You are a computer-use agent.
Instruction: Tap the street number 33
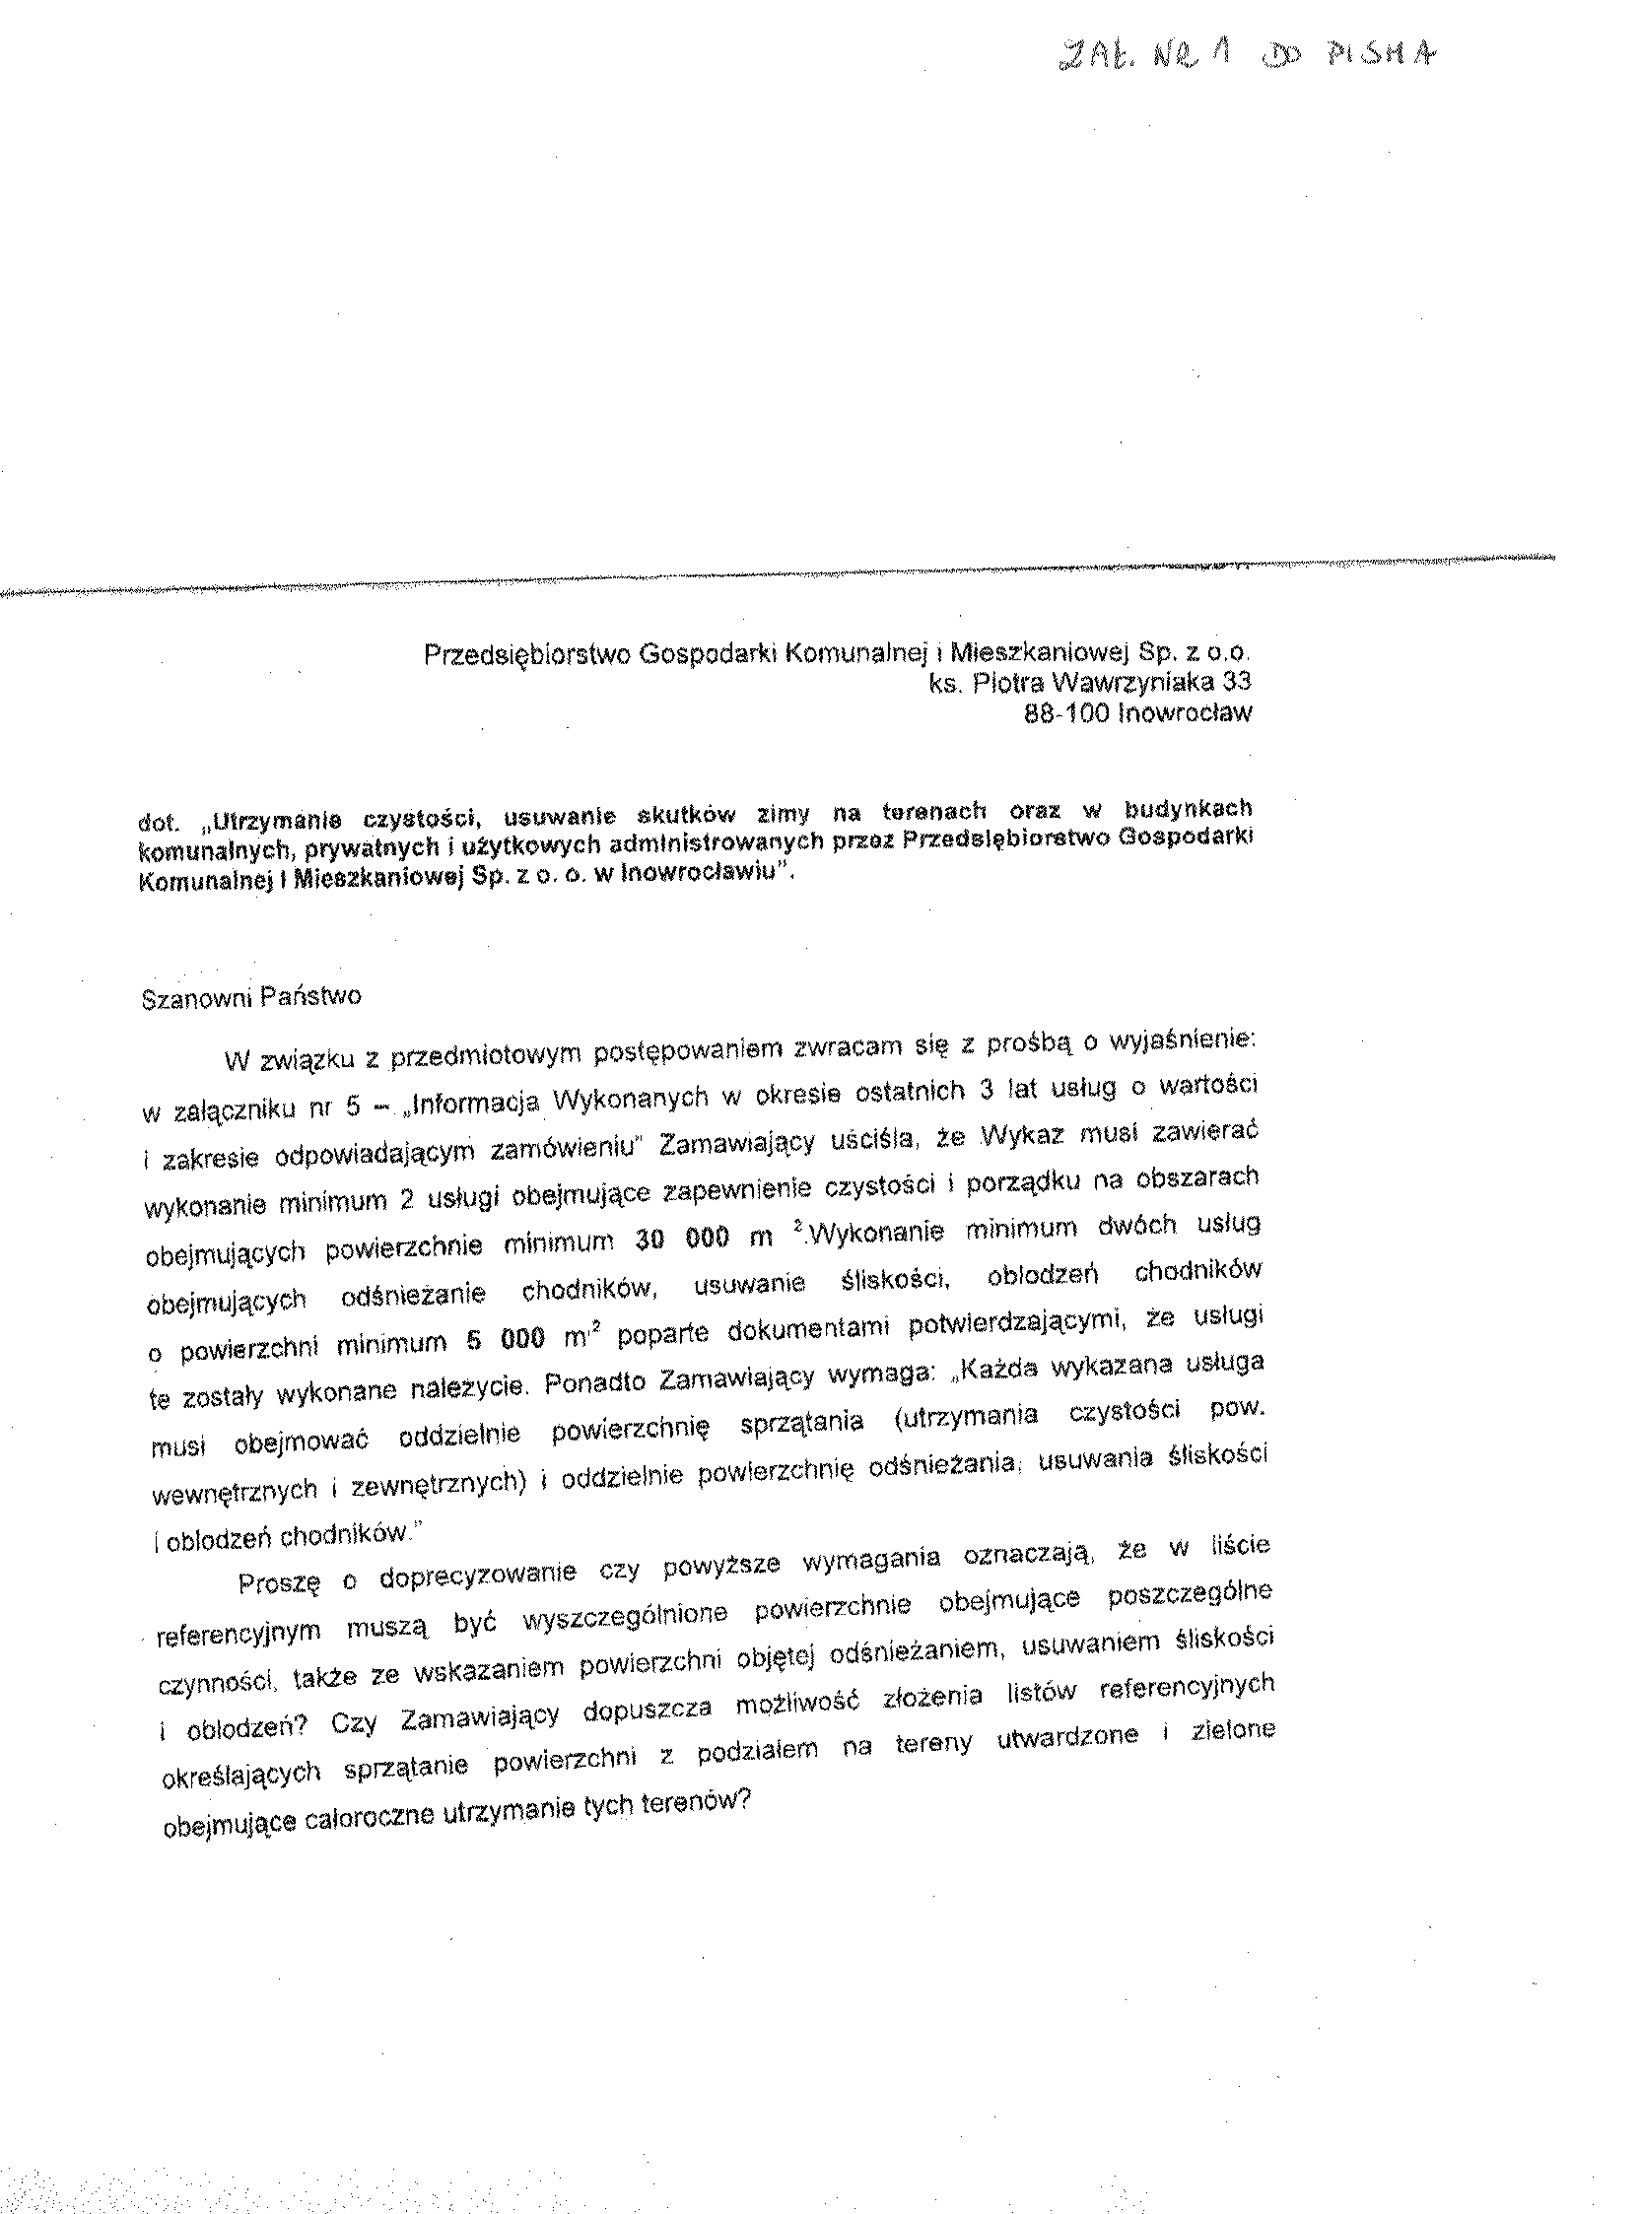click(x=1237, y=682)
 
